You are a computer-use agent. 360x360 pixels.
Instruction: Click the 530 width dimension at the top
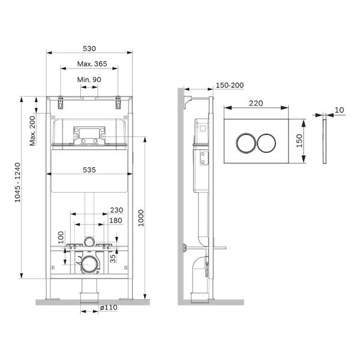pyautogui.click(x=89, y=49)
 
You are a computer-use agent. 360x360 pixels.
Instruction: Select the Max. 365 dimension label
pyautogui.click(x=92, y=64)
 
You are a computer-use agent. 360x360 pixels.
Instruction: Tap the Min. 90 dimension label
pyautogui.click(x=89, y=80)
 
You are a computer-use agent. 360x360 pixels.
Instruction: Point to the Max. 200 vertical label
pyautogui.click(x=32, y=131)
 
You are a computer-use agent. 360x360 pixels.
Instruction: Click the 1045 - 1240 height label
pyautogui.click(x=17, y=182)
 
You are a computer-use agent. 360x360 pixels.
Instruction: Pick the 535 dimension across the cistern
pyautogui.click(x=89, y=170)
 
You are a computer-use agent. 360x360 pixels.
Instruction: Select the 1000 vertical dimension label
pyautogui.click(x=141, y=218)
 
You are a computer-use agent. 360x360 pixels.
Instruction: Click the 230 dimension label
pyautogui.click(x=116, y=210)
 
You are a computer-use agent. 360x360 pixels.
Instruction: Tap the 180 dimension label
pyautogui.click(x=116, y=221)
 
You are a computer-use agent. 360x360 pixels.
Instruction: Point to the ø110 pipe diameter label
pyautogui.click(x=109, y=307)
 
